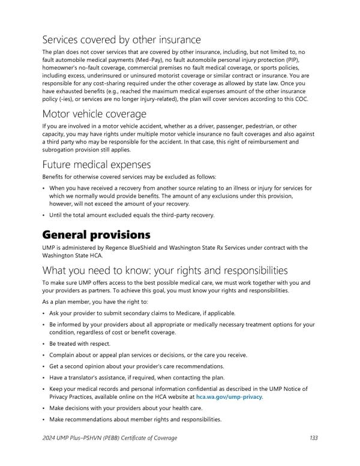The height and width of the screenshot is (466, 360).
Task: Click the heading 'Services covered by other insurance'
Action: coord(122,40)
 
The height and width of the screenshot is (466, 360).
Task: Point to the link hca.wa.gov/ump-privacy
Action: coord(229,397)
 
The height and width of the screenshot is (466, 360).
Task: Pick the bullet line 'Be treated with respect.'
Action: coord(80,343)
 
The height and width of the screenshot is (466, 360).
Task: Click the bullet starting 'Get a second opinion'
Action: coord(137,366)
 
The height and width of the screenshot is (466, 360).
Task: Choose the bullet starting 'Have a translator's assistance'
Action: coord(137,377)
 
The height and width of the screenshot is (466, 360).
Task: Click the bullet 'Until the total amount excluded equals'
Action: coord(131,215)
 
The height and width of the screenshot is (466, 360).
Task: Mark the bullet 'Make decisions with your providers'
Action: coord(125,408)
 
